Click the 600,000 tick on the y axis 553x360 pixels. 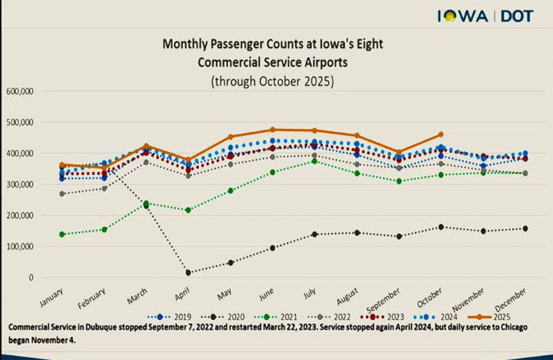[x=18, y=91]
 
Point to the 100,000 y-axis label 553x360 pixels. [x=18, y=246]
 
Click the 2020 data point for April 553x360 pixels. [x=187, y=272]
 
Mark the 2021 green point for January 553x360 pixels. [x=61, y=234]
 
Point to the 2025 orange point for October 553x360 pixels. [x=440, y=134]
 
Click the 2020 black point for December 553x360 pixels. [x=525, y=228]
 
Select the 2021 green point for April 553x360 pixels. [x=187, y=210]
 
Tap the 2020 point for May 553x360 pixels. [x=230, y=263]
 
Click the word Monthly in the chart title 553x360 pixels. [x=181, y=45]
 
